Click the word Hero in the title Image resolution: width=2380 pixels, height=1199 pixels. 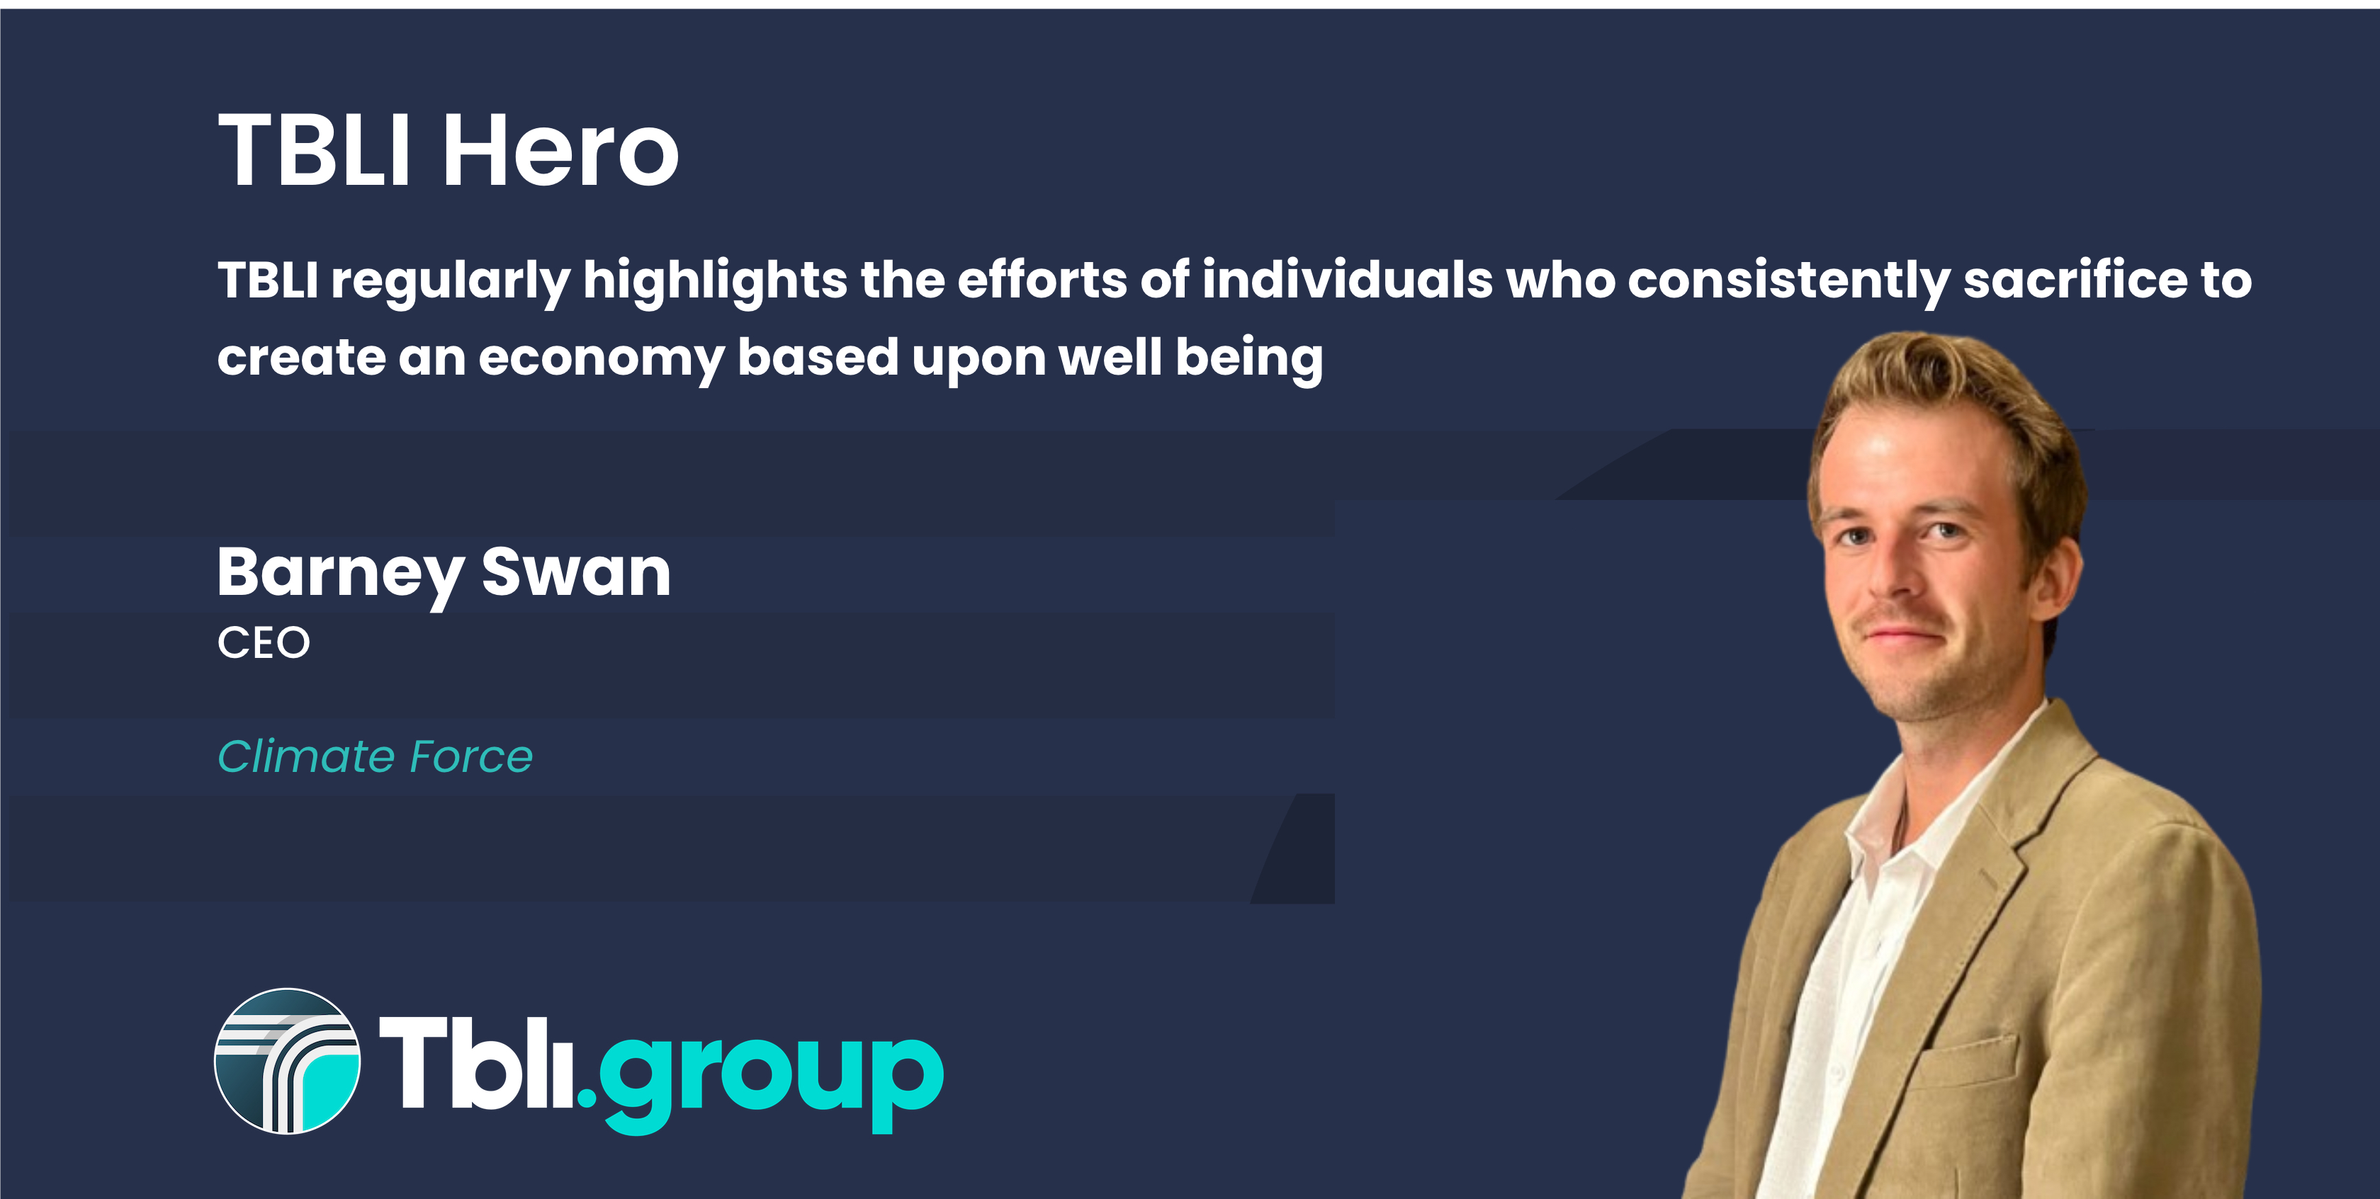coord(561,149)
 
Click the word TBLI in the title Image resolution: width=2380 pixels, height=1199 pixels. coord(314,149)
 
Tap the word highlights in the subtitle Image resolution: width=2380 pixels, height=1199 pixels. coord(715,282)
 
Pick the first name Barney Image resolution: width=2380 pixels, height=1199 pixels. coord(340,574)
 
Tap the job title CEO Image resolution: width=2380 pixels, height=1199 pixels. coord(264,643)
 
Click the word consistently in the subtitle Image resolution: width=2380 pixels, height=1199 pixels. coord(1788,282)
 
